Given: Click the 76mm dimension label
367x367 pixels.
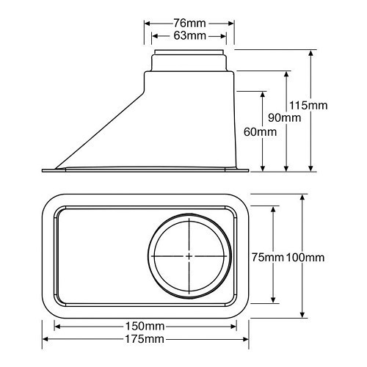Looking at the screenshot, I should coord(188,21).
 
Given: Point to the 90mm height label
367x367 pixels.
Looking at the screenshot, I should coord(285,118).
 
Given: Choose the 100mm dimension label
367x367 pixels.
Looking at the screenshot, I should coord(305,257).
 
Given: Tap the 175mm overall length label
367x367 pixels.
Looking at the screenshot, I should coord(144,339).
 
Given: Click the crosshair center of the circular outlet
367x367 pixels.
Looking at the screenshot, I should coord(189,255).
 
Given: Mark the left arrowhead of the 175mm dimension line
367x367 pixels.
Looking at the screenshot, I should coord(46,339).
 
